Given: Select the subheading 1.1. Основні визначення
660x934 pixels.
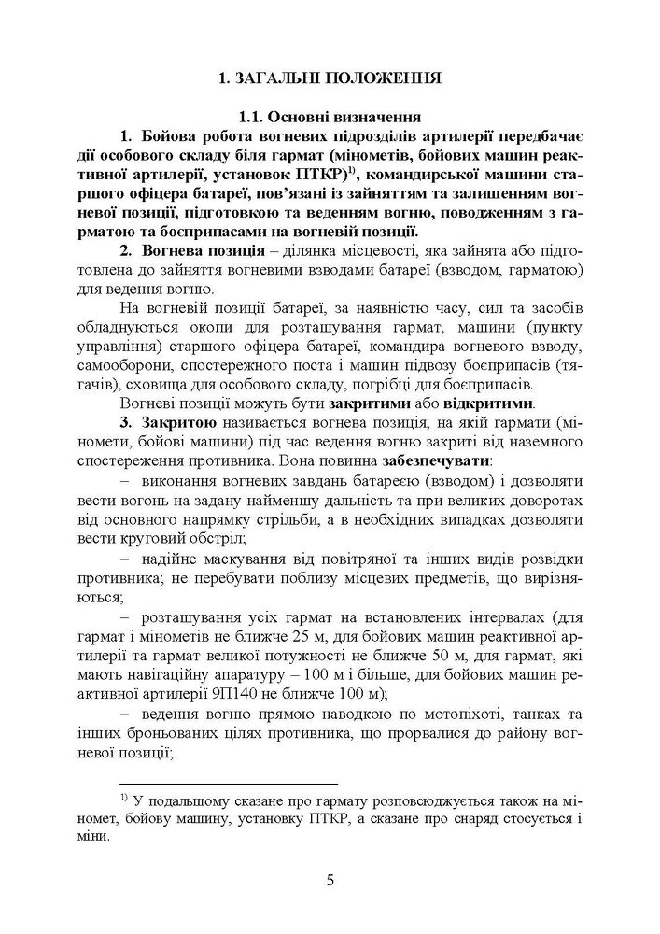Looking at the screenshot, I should coord(330,118).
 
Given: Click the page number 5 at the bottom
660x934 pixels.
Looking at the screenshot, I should coord(330,881).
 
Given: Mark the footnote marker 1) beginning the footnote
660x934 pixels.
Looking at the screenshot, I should coord(126,799).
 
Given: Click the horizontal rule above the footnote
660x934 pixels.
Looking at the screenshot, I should coord(229,783).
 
